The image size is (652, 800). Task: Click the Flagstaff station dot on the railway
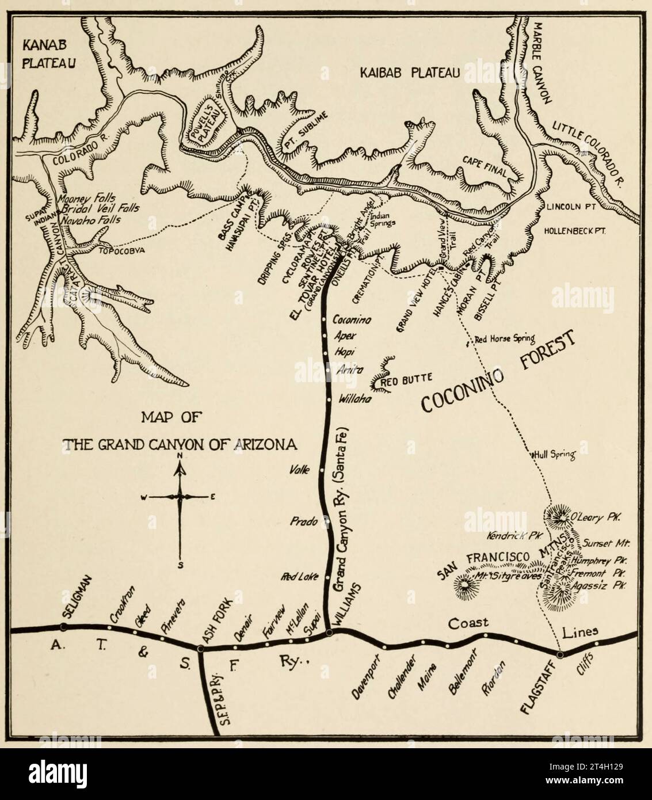point(561,654)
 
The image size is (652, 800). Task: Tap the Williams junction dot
point(329,633)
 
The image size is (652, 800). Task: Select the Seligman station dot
point(64,626)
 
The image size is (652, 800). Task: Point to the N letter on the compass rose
point(180,456)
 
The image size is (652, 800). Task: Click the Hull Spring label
point(555,454)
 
